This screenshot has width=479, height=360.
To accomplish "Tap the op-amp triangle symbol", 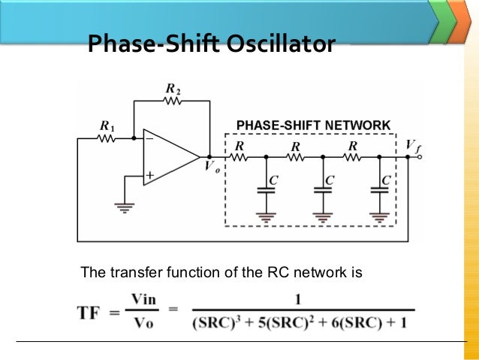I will click(169, 157).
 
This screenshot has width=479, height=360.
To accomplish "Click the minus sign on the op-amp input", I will click(150, 139).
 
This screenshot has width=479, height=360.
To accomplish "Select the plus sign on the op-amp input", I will click(150, 175).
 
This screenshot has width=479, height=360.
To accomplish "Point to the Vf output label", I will click(412, 144).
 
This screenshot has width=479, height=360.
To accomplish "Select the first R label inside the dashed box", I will click(239, 144).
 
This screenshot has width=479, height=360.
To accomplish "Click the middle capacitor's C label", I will click(330, 180).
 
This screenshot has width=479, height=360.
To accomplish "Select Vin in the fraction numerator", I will click(143, 299).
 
